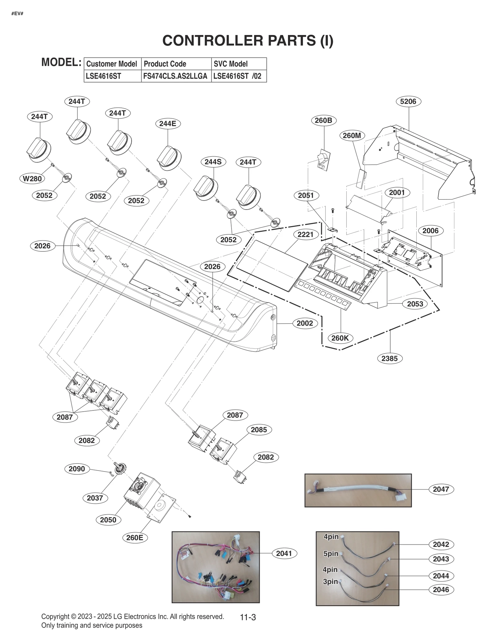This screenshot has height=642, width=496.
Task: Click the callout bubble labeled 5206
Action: [408, 101]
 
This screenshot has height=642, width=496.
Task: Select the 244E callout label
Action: [168, 124]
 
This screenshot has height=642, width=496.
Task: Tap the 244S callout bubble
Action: [213, 162]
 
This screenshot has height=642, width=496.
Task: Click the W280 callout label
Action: [32, 179]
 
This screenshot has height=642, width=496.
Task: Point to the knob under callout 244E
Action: [169, 157]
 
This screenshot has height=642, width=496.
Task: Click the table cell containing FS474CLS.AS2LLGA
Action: [175, 76]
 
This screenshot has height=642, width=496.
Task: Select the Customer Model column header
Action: [112, 64]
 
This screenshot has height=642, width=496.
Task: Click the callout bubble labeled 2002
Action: [305, 323]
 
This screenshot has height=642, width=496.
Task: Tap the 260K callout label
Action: [340, 338]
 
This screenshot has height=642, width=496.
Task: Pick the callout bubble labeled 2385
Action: [389, 358]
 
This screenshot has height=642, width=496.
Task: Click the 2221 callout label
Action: [305, 235]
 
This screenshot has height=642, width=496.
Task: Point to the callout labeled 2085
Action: [259, 430]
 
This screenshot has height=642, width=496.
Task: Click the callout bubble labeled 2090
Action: [77, 469]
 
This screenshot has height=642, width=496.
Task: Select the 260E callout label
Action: [135, 538]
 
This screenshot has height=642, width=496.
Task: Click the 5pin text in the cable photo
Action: [331, 554]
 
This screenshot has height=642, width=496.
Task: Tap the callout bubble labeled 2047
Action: [441, 489]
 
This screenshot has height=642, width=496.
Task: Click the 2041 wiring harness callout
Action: [284, 553]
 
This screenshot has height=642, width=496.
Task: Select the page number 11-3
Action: [248, 617]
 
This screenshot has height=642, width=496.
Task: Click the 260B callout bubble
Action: [323, 120]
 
